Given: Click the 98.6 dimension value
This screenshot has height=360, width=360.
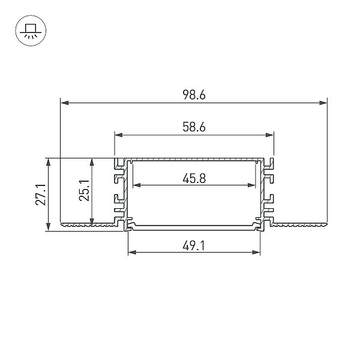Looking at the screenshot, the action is click(194, 95).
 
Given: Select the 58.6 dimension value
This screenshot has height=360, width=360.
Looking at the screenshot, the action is click(194, 127).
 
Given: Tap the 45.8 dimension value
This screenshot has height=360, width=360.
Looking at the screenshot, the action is click(194, 178).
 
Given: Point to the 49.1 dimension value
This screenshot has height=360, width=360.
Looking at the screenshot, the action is click(194, 246).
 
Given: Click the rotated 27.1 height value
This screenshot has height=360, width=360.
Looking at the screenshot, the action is click(41, 194).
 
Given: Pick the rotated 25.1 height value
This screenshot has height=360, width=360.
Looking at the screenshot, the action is click(84, 191).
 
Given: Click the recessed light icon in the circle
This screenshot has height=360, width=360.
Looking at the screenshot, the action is click(31, 31).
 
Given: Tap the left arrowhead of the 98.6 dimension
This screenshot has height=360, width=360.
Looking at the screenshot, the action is click(64, 103).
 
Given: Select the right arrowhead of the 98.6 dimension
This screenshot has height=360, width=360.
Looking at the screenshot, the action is click(323, 103).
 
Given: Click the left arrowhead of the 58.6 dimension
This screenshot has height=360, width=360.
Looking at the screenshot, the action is click(118, 135).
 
